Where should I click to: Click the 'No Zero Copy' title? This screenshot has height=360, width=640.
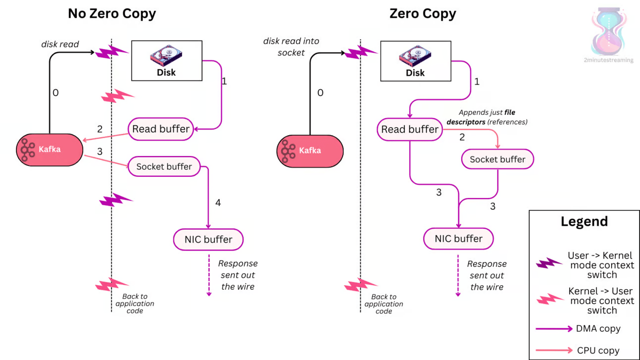coord(112,13)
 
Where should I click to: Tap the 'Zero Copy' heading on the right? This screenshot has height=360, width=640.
coord(423,13)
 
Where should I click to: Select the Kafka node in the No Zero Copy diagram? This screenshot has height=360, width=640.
coord(50,150)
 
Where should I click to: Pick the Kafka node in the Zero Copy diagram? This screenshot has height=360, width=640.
coord(310,151)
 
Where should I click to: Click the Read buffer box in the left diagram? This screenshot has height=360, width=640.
coord(161,129)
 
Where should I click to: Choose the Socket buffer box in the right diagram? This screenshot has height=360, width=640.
coord(497,159)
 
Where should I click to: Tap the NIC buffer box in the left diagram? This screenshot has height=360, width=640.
coord(208,240)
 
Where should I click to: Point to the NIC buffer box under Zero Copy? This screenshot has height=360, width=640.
coord(458,239)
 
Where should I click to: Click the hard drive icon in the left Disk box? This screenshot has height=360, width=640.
coord(166,55)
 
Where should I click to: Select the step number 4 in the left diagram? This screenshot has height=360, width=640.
coord(218,203)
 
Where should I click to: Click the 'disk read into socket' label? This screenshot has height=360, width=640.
coord(291,47)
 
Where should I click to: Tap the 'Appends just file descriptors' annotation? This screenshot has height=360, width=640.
coord(487,117)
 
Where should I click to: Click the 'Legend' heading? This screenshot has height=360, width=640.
coord(585,221)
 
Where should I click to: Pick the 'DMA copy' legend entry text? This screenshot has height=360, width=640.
coord(598,329)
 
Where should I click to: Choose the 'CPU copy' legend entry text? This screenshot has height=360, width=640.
coord(598,350)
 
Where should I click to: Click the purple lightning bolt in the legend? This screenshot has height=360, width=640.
coord(548,262)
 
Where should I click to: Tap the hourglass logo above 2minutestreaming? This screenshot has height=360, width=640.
coord(609,31)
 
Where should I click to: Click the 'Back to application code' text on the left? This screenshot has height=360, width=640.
coord(135,304)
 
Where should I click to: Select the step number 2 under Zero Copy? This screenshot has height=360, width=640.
coord(462,137)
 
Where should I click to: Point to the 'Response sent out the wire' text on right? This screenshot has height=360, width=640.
coord(487,275)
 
